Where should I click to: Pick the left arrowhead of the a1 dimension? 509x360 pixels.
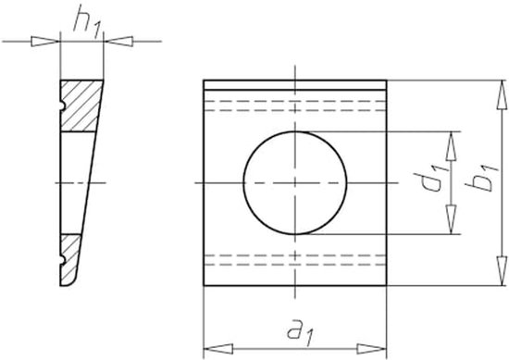218,349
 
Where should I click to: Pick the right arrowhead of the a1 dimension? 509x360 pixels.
372,349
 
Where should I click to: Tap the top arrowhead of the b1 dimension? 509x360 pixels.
502,94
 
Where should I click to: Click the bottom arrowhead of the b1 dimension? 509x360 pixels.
502,271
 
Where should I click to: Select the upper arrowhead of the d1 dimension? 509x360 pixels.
451,146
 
